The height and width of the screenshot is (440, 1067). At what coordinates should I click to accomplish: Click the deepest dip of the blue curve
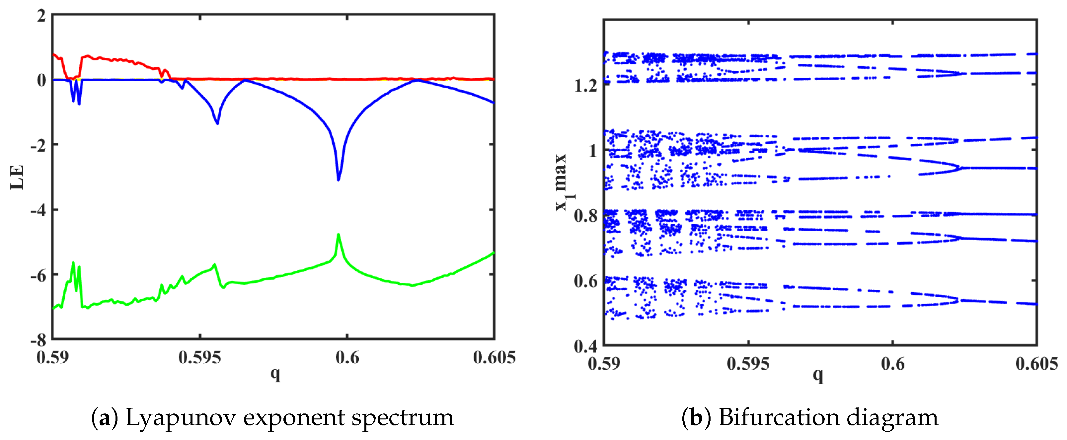[339, 180]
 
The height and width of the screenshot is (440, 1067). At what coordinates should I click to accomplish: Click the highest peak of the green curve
[339, 235]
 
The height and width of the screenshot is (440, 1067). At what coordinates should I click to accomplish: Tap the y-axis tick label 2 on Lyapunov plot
[41, 16]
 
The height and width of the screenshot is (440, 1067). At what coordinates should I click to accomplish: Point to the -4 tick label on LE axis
[38, 210]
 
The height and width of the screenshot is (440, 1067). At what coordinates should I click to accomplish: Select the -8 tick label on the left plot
[38, 340]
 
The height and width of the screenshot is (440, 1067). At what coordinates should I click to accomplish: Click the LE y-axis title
[17, 177]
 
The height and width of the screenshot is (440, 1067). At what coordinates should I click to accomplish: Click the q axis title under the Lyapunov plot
[275, 374]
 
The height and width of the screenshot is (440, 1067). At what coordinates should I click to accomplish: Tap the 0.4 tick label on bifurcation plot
[585, 346]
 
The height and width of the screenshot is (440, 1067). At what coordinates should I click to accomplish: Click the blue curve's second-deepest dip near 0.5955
[217, 123]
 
